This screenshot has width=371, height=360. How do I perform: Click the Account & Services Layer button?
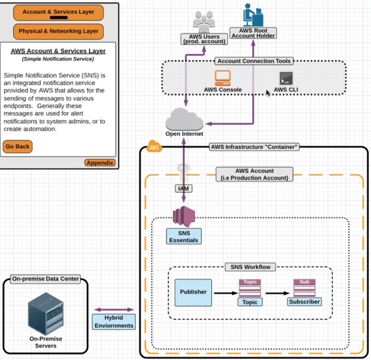point(58,13)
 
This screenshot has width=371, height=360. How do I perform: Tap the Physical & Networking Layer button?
point(58,31)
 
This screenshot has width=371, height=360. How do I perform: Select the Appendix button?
point(100,163)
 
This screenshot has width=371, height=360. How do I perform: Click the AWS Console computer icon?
point(223,78)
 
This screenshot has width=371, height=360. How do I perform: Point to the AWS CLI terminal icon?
point(286,78)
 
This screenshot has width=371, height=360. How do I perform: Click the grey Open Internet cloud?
point(185,120)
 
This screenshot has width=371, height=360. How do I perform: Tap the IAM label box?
point(183,188)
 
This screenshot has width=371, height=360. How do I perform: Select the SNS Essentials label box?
point(184,237)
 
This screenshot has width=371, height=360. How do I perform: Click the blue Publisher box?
point(193,293)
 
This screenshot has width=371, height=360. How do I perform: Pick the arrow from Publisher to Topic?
point(226,293)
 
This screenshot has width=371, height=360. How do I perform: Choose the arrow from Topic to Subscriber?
point(278,293)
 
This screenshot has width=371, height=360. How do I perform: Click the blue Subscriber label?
point(304,302)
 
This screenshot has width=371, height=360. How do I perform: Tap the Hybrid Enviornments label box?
point(114,322)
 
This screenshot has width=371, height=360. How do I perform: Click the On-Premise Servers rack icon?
point(46,314)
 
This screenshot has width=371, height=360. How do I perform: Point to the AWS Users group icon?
point(204,22)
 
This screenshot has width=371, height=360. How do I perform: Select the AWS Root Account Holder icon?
point(253,15)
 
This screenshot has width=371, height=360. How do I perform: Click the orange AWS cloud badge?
point(155,147)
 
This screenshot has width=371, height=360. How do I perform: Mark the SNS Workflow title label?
point(250,267)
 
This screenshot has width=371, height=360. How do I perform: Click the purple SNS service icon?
point(184,216)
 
